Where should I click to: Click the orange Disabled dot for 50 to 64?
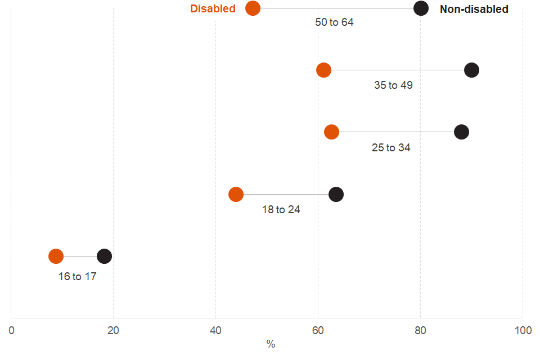point(253,8)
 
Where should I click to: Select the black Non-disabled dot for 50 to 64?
point(421,8)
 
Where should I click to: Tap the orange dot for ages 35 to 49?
point(323,70)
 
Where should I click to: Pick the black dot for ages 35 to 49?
point(472,70)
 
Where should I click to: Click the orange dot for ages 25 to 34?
point(332,132)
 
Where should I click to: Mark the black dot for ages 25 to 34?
point(461,132)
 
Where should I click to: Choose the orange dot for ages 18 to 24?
point(236,195)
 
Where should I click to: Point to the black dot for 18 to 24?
point(336,195)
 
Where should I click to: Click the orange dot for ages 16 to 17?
point(56,256)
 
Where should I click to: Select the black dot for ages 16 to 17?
point(105,256)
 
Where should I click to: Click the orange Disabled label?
point(213,9)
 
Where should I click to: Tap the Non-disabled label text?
point(474,9)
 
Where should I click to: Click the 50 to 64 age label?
point(334,22)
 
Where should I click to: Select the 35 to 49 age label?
point(393,85)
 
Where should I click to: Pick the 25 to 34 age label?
point(391,148)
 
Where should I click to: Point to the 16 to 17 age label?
point(78,277)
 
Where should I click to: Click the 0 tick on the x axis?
point(11,331)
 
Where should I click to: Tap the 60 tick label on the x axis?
point(318,331)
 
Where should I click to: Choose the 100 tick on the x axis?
point(523,331)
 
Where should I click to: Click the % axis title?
point(271,344)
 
